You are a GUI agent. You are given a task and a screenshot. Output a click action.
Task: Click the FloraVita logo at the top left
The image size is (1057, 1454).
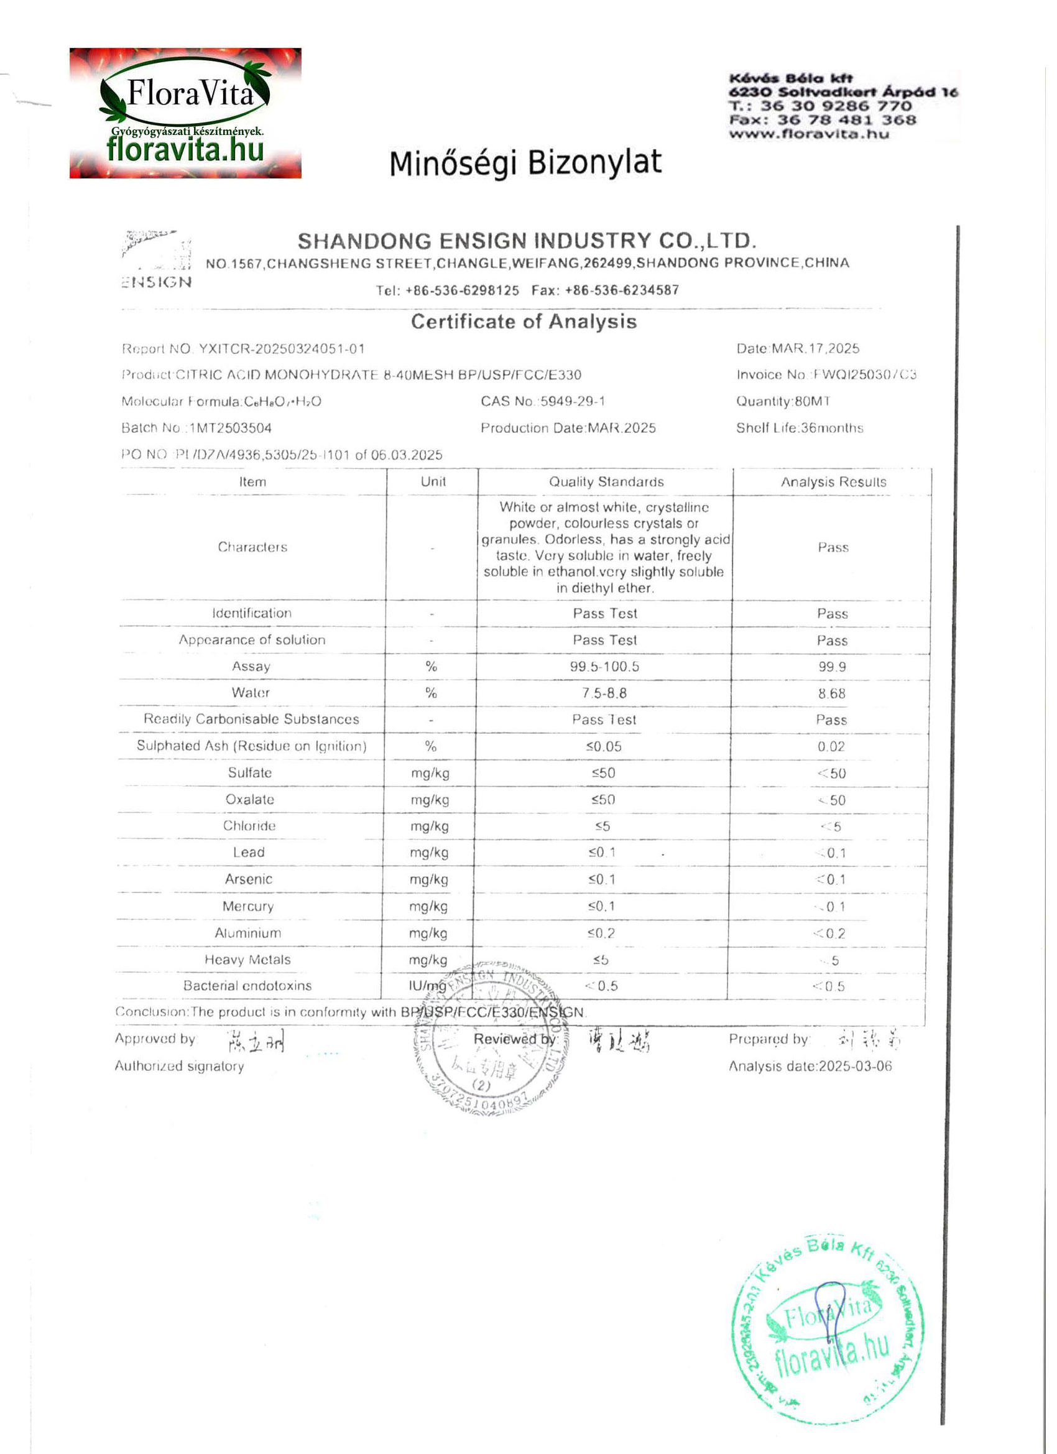(185, 113)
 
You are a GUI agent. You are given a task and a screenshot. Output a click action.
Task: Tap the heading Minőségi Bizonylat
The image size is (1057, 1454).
(525, 163)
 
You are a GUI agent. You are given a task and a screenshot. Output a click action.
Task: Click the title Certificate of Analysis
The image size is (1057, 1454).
(524, 321)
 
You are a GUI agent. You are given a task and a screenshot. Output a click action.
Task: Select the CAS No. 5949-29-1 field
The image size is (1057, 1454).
(543, 401)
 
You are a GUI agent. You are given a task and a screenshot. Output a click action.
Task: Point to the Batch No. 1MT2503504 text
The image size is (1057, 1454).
(196, 428)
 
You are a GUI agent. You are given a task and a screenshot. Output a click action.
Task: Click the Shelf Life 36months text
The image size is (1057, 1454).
(800, 428)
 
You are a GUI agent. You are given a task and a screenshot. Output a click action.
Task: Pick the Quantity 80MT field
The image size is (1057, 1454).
(783, 401)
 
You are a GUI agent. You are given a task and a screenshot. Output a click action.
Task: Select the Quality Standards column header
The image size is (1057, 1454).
(606, 482)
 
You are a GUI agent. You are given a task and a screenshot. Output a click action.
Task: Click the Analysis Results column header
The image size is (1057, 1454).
(833, 482)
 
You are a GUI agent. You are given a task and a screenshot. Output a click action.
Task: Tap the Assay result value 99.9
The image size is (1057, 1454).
(832, 667)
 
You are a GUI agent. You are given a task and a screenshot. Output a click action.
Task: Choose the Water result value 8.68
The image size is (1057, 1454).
(832, 693)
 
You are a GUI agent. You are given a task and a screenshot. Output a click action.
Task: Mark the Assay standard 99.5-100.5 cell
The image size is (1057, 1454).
(604, 667)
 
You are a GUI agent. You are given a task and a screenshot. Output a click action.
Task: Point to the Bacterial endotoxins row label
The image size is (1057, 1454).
(247, 985)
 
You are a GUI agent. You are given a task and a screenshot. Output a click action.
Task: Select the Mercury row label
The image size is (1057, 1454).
(248, 906)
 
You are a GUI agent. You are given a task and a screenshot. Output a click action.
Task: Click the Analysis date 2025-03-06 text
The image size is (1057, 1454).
(810, 1066)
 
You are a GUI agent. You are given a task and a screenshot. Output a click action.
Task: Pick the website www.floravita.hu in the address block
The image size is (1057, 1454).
(809, 134)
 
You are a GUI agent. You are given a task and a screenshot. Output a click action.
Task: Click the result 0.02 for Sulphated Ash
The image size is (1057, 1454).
(831, 746)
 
